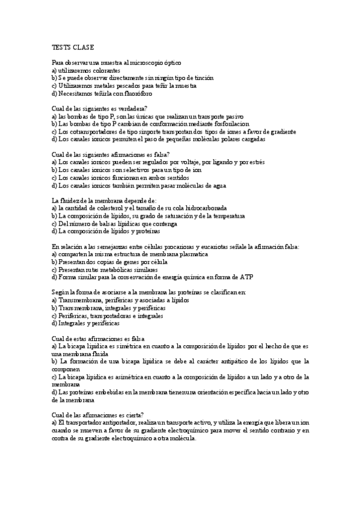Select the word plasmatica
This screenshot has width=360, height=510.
(x=191, y=254)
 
